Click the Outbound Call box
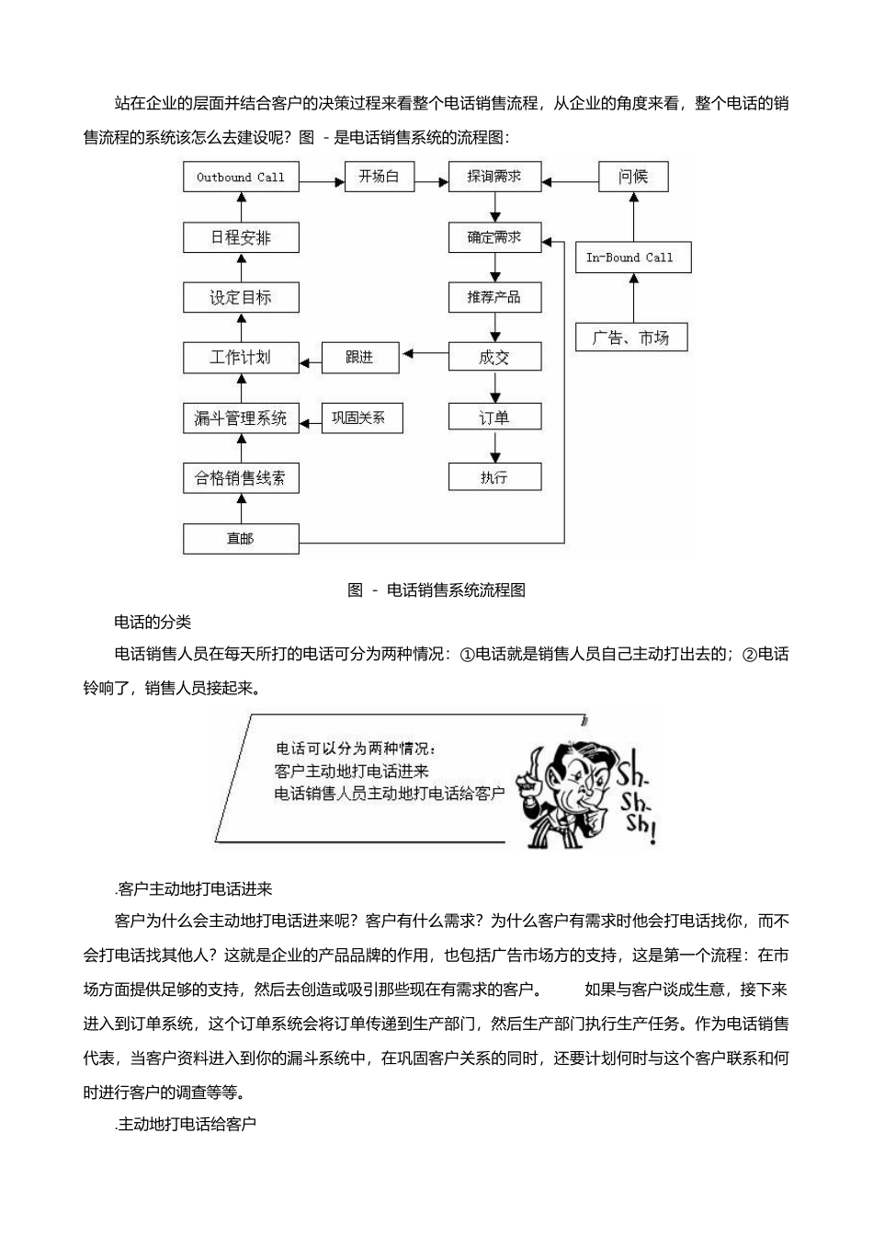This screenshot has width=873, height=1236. [241, 177]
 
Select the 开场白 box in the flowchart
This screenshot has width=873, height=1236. [379, 177]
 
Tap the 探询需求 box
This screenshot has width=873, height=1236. [494, 177]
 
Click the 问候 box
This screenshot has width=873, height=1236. [632, 177]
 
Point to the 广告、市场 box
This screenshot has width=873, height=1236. [630, 338]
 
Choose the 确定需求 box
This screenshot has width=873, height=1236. [494, 237]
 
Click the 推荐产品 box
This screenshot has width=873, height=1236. [494, 297]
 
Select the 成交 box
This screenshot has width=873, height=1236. [494, 357]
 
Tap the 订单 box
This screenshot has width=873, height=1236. [494, 418]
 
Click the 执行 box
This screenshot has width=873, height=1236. [494, 477]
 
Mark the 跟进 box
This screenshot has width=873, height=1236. [359, 357]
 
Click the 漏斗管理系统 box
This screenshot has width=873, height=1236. [241, 418]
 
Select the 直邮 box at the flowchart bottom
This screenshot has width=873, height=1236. [241, 538]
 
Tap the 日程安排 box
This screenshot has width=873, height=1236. [241, 237]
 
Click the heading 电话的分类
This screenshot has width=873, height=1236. [153, 623]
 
